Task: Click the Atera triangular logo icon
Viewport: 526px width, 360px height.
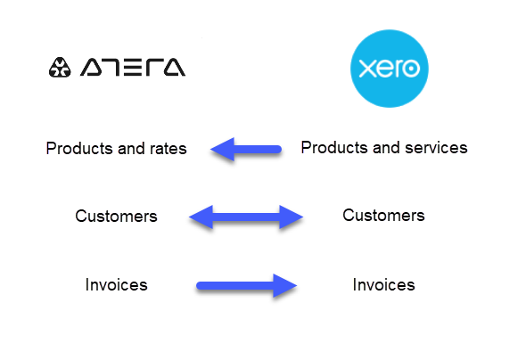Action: click(x=60, y=68)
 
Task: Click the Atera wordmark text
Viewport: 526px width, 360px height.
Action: click(x=133, y=67)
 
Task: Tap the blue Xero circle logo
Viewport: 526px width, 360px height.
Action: click(x=390, y=69)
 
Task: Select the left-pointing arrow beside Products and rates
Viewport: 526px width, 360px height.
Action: click(x=246, y=149)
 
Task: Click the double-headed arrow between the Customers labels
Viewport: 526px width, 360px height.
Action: click(x=246, y=217)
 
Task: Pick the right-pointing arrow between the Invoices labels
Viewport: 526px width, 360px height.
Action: click(x=247, y=285)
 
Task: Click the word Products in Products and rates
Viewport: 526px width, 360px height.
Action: click(x=79, y=149)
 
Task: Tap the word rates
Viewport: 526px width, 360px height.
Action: click(x=168, y=149)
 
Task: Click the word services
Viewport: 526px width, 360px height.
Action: click(x=436, y=148)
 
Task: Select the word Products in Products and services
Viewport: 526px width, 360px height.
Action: click(x=334, y=148)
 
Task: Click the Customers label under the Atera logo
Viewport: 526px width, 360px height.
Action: click(x=116, y=217)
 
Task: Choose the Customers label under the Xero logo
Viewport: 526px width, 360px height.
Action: click(x=383, y=215)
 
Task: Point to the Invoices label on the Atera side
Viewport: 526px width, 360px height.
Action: click(x=116, y=284)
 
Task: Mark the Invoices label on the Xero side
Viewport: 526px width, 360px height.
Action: click(x=383, y=284)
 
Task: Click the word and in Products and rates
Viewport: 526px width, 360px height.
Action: click(x=131, y=149)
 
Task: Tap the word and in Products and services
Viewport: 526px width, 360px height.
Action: click(x=386, y=148)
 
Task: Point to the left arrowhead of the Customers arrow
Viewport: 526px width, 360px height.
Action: click(x=201, y=217)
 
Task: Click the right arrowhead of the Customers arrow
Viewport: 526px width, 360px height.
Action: click(x=292, y=217)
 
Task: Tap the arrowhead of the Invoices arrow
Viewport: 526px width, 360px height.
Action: click(x=285, y=285)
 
